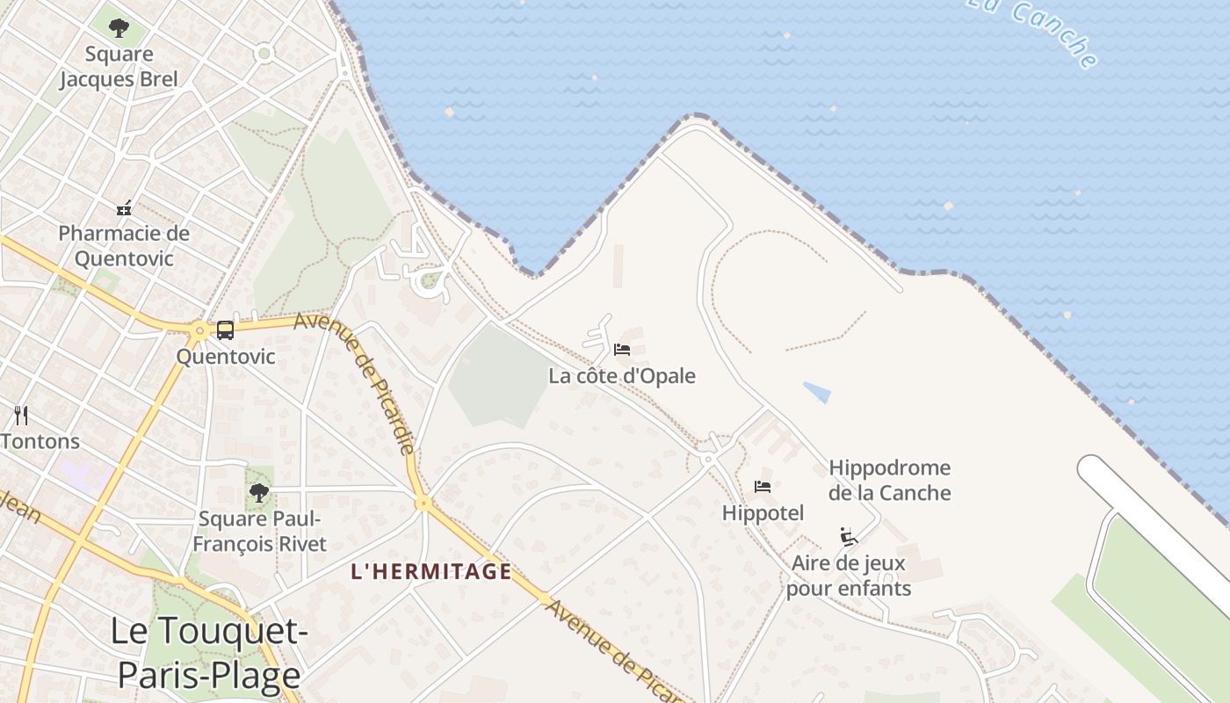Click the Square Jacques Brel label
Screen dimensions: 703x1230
pos(119,67)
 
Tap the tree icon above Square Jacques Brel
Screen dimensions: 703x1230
pos(119,28)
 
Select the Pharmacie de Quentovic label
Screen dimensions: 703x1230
pos(124,246)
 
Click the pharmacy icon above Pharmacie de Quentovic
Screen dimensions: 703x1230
pos(124,208)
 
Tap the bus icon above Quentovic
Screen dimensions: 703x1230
pos(225,330)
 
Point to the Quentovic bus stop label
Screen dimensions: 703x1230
pos(226,357)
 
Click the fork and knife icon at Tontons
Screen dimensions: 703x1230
pos(21,416)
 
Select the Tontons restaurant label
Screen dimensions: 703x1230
pos(40,441)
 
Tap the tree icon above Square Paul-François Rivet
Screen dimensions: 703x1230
pos(258,493)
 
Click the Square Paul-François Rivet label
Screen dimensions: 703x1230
pos(259,532)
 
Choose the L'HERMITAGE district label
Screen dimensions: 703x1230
pos(430,572)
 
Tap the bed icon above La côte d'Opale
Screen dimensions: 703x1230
pos(622,350)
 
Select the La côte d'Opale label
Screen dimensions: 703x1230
pos(622,376)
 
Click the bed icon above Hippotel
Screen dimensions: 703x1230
pos(763,486)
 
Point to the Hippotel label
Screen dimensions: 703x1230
pos(763,513)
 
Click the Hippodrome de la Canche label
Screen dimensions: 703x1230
pos(889,480)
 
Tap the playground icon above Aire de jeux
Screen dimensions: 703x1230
pos(848,536)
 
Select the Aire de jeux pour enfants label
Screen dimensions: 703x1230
pos(849,576)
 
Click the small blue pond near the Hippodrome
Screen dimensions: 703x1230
pos(817,392)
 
